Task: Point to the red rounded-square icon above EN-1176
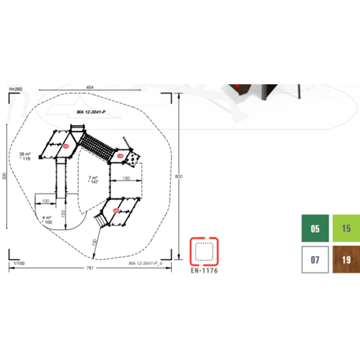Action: coord(205,250)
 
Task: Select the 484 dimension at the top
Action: coord(91,87)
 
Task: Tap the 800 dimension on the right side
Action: coord(180,176)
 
